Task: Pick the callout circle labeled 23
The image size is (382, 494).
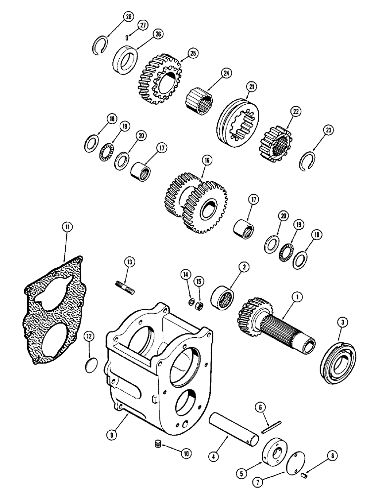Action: (329, 130)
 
